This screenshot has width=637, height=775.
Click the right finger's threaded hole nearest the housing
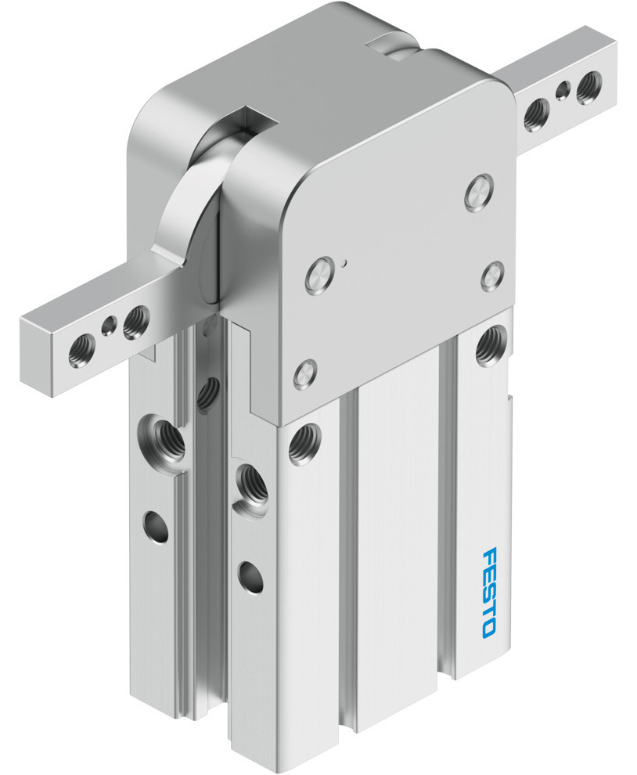pyautogui.click(x=537, y=113)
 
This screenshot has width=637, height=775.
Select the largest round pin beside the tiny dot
pyautogui.click(x=319, y=276)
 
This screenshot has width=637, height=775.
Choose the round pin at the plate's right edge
pyautogui.click(x=492, y=276)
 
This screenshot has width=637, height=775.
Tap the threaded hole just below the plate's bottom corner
pyautogui.click(x=303, y=443)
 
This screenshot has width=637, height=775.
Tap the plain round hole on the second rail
pyautogui.click(x=251, y=578)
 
